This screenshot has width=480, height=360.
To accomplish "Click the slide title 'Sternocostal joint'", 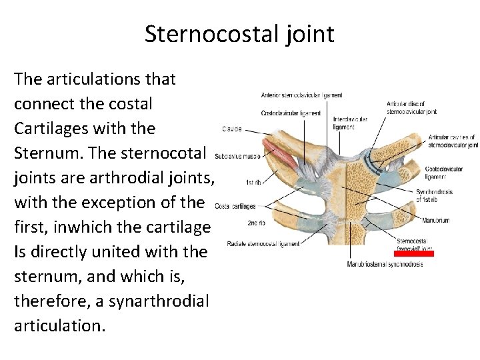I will (239, 33).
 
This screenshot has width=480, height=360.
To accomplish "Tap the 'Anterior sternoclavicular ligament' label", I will (302, 95).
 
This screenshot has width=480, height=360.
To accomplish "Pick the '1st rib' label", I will (253, 182).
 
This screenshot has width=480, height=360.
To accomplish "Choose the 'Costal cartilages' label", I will (235, 206).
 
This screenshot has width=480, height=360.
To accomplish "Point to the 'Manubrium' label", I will (436, 220).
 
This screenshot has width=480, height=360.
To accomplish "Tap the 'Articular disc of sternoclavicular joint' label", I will (412, 107).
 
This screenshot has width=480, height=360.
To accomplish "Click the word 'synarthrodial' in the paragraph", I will (152, 301).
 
